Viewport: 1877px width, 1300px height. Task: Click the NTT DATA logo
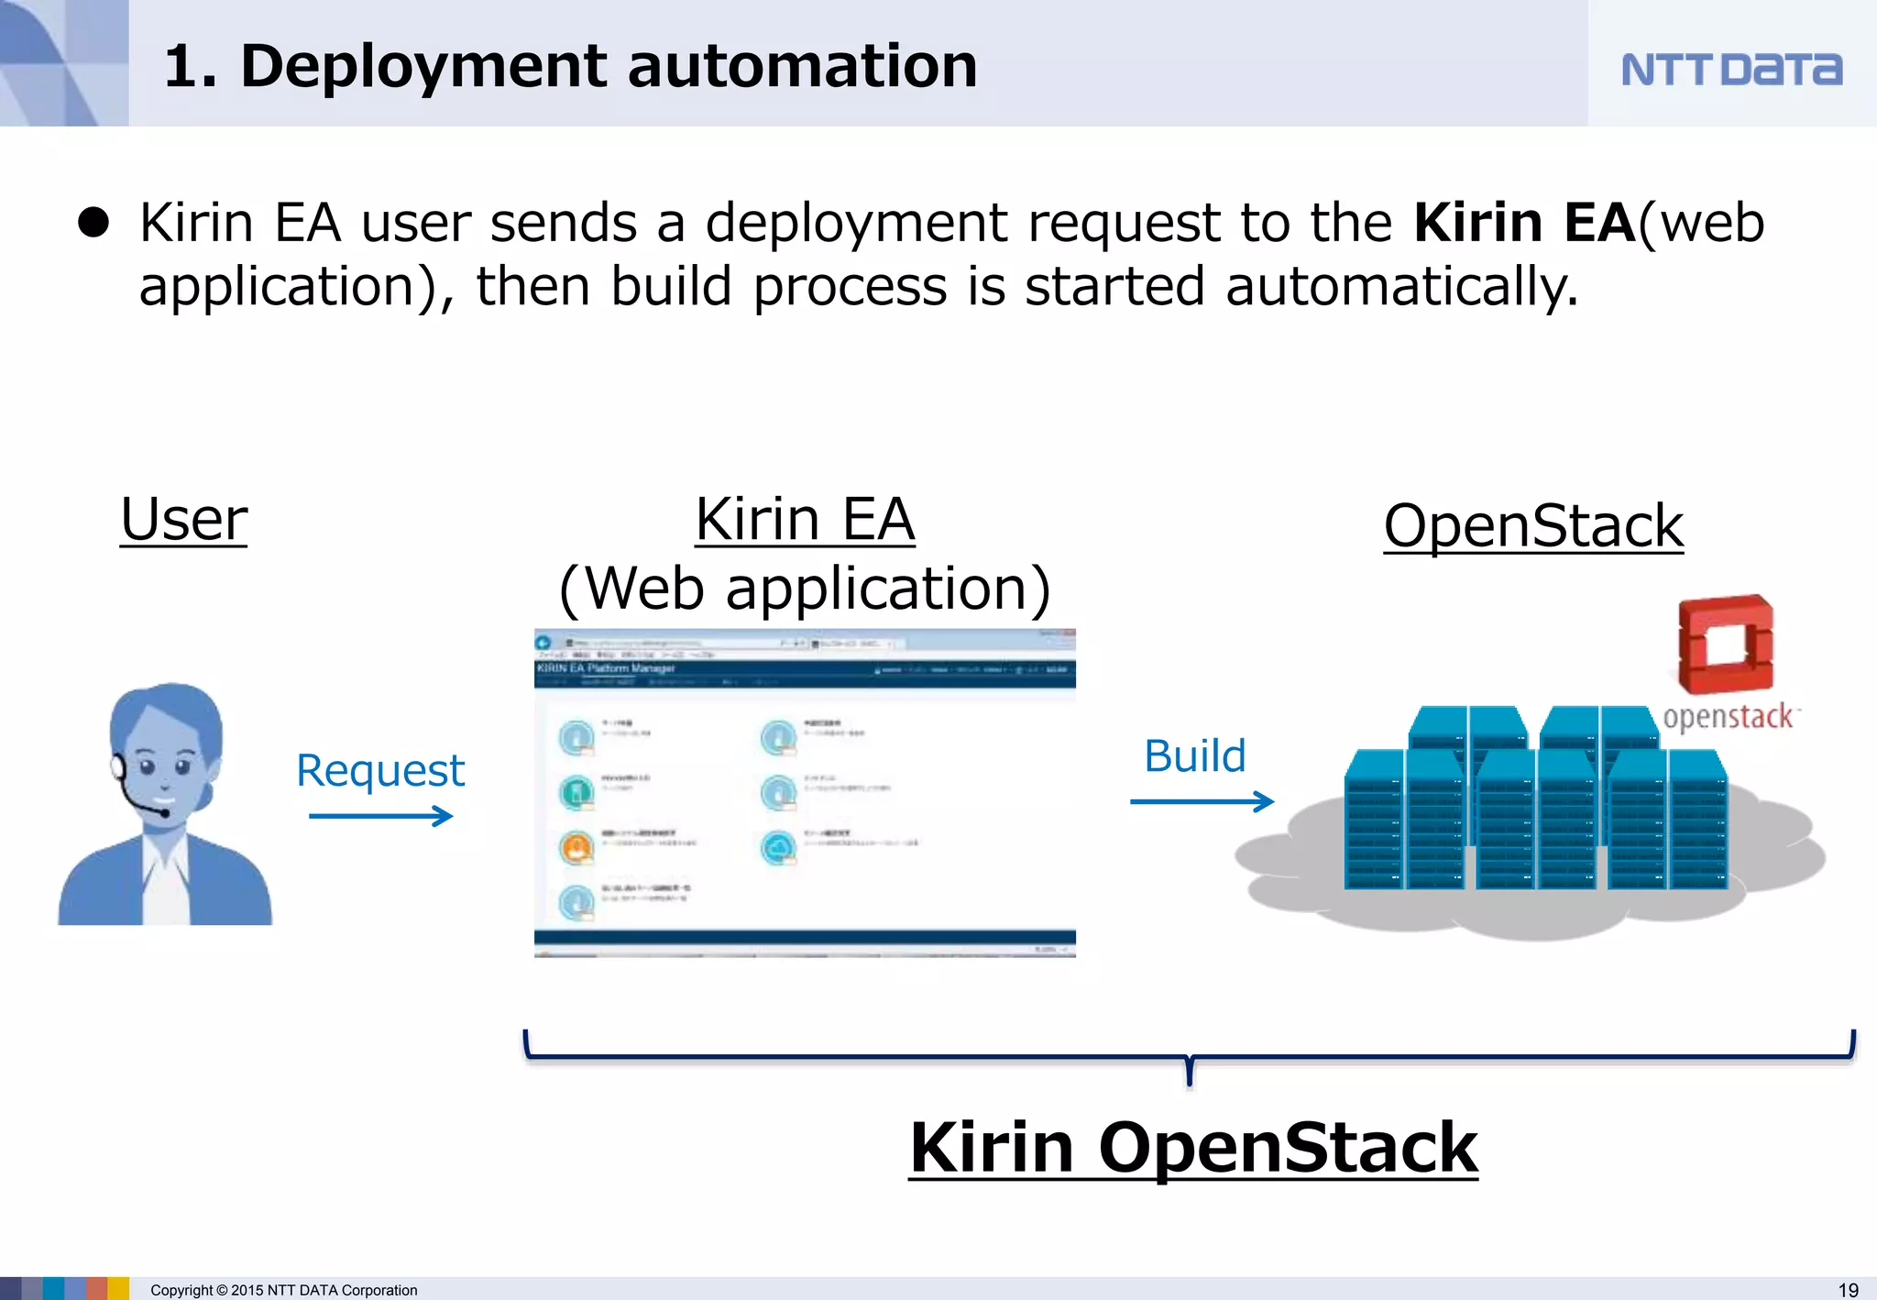(1730, 70)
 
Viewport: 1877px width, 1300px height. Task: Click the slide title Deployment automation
(570, 66)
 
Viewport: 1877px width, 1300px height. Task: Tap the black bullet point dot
(93, 223)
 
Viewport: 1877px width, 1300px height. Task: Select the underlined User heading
(183, 519)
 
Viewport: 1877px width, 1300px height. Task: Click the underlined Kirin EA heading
(804, 519)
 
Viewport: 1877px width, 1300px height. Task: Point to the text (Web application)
(804, 588)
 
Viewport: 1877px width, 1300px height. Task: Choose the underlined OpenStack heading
(1532, 526)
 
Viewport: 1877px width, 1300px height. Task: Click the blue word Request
(379, 770)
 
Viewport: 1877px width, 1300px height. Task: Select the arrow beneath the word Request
(380, 815)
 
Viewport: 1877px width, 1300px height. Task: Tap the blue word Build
(1194, 756)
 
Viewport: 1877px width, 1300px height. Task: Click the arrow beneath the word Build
(1201, 801)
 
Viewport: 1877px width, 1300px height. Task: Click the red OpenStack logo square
(1725, 644)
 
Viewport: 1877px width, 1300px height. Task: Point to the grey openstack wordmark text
(1729, 717)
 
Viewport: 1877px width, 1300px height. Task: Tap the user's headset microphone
(162, 812)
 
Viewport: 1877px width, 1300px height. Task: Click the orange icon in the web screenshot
(576, 848)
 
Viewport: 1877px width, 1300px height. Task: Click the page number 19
(1848, 1289)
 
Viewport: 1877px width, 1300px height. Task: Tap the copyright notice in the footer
(283, 1290)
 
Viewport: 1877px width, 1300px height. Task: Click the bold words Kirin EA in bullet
(1523, 223)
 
